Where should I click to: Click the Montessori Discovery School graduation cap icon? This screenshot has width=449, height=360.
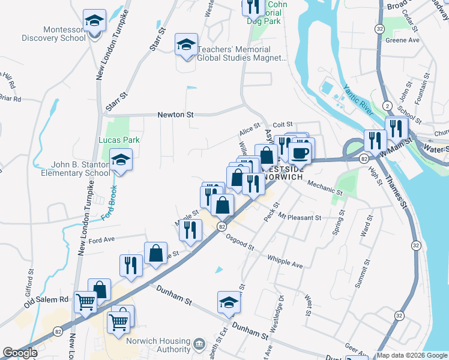point(94,21)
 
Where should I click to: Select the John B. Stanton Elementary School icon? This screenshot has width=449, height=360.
point(121,161)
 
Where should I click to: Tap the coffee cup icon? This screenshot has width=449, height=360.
point(300,152)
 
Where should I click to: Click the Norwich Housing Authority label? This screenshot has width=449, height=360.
point(158,344)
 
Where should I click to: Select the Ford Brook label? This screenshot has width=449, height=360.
point(110,202)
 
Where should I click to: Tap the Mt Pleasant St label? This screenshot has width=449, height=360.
point(300,218)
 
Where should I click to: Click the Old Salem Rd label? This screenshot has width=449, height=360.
point(47,299)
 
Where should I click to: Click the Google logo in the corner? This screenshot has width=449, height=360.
point(20,353)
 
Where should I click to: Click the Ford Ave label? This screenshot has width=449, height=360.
point(101,240)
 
